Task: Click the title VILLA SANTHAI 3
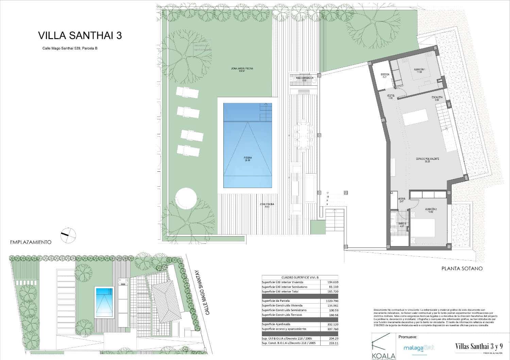coord(80,36)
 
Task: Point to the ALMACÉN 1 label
coord(418,70)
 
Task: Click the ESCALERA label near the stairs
coord(437,98)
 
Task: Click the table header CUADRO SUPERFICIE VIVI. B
coord(300,277)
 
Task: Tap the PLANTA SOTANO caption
coord(462,269)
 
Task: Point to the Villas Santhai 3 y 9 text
coord(479,346)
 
